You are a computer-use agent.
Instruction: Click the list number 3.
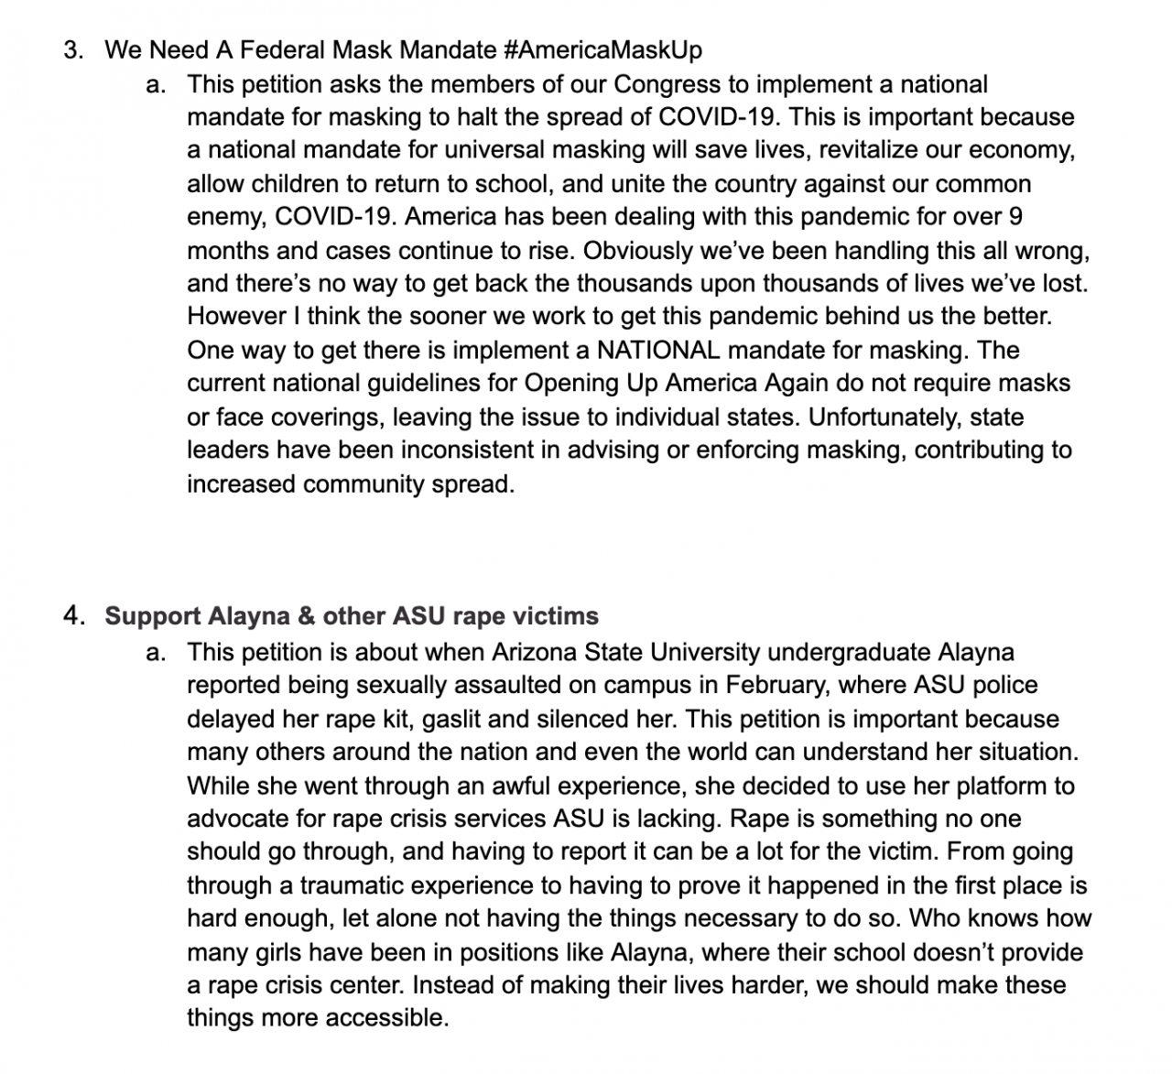coord(72,49)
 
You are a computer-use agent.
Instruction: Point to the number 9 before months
coord(1015,217)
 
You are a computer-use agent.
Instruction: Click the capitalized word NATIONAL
coord(657,350)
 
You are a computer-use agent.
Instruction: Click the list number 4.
coord(72,615)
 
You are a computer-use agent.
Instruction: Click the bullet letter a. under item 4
coord(156,652)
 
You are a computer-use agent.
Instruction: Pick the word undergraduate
coord(852,652)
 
